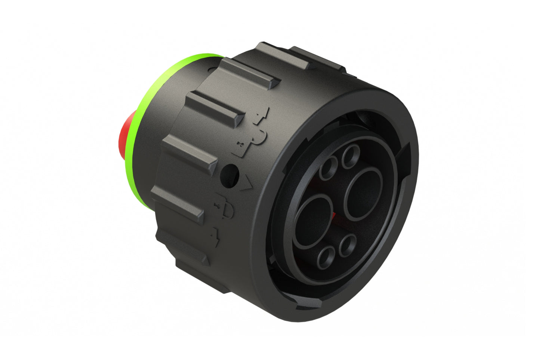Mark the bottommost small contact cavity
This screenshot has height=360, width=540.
click(327, 257)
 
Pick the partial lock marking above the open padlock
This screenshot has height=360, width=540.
click(262, 116)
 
